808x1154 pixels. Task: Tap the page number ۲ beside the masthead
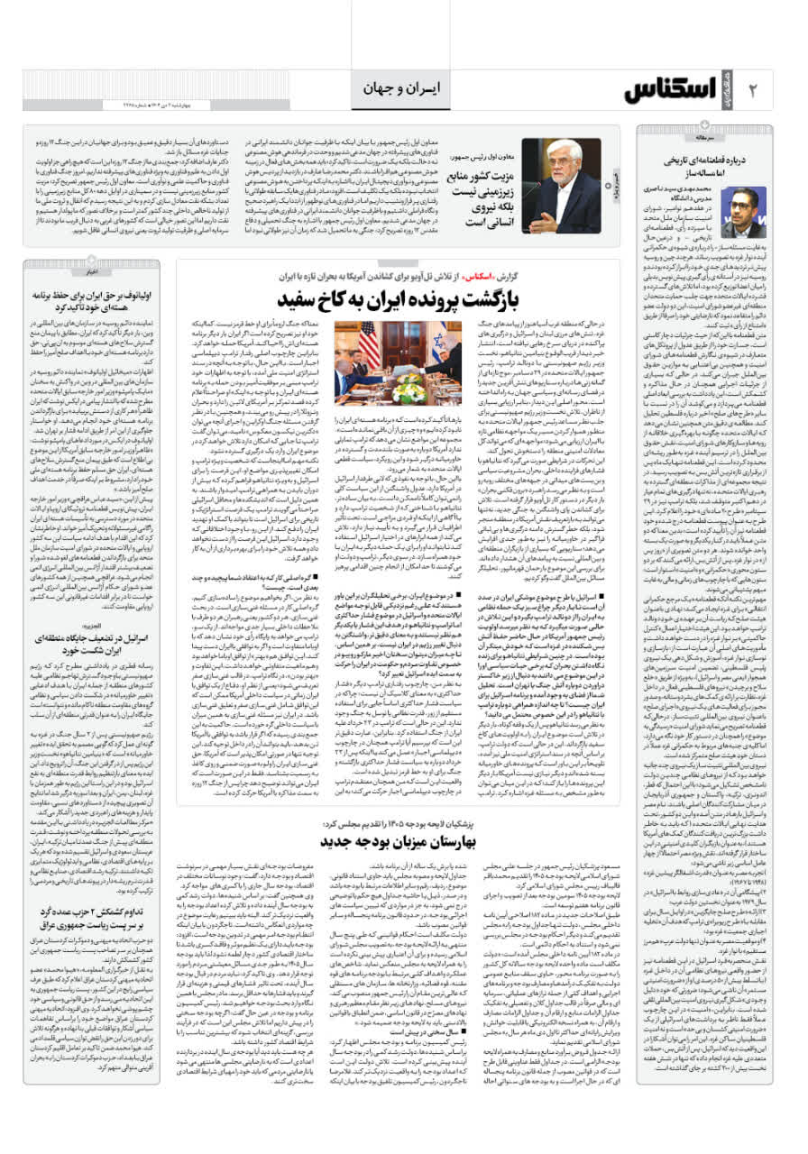[x=754, y=90]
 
